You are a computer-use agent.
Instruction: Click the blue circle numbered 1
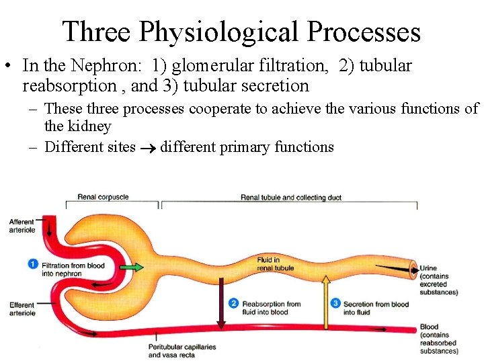[33, 264]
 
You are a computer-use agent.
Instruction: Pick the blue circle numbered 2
[233, 304]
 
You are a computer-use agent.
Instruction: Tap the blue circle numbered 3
[335, 304]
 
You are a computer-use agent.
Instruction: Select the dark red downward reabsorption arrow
[220, 302]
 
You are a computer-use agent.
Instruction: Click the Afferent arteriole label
[22, 226]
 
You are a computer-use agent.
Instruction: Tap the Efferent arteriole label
[22, 309]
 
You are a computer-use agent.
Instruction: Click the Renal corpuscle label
[103, 197]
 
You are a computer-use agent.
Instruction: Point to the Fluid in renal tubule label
[275, 264]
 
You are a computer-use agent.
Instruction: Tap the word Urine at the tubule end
[428, 269]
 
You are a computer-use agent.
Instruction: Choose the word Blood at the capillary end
[429, 327]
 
